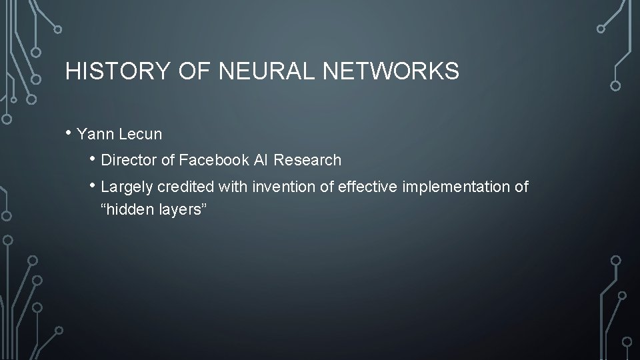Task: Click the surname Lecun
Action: click(x=142, y=134)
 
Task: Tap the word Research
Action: click(x=308, y=160)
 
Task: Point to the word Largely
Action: click(x=127, y=187)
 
